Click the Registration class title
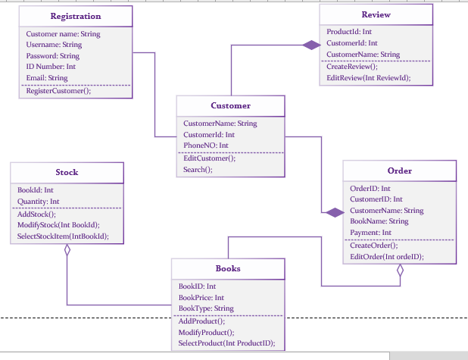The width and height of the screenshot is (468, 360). [75, 16]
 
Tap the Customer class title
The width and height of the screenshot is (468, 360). [230, 105]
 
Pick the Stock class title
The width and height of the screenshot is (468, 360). [67, 172]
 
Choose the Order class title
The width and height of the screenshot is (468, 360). [399, 171]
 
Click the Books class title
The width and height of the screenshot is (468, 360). [228, 268]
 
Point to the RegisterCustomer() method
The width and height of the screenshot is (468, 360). [58, 91]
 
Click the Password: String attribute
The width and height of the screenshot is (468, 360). [52, 56]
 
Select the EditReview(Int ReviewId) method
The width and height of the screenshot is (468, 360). [368, 77]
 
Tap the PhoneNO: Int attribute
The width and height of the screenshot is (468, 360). [206, 145]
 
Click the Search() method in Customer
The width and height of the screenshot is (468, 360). [198, 170]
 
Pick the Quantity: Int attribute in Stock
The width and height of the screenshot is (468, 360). [38, 202]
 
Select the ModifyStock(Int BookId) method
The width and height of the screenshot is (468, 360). [58, 225]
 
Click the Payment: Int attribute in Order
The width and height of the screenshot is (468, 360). [370, 233]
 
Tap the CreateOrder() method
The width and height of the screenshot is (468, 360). [373, 246]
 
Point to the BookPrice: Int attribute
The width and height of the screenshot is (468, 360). [202, 298]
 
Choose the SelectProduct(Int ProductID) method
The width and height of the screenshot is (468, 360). [226, 343]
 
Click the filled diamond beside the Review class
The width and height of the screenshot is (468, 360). [310, 45]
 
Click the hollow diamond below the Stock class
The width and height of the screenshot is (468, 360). [67, 250]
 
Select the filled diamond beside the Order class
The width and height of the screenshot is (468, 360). [333, 212]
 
